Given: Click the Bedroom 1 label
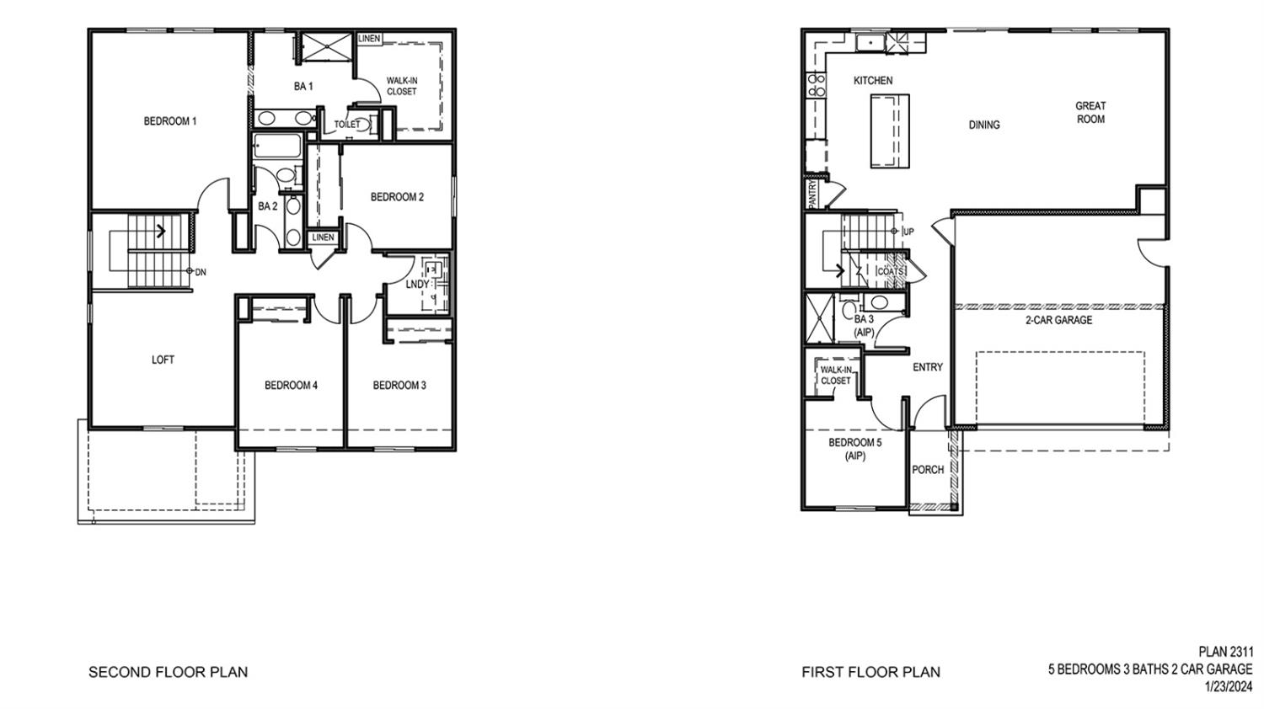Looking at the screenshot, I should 170,121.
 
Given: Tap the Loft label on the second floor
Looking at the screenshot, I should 163,360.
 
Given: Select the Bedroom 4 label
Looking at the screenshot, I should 291,386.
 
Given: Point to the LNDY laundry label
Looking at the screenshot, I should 417,285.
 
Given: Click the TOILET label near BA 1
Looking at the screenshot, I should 346,125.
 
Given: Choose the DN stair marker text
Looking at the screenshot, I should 201,272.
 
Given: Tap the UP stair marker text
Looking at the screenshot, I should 908,232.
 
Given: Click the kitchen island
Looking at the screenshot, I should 890,131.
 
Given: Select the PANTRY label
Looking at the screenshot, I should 812,194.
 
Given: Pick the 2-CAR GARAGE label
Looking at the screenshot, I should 1058,320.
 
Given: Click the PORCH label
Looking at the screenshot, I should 928,470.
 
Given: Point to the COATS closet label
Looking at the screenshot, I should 890,271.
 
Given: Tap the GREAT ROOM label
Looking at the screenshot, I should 1090,112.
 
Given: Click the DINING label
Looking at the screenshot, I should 983,125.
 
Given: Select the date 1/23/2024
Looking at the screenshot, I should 1229,686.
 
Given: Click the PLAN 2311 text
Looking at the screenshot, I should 1226,652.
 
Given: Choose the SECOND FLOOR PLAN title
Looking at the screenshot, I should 168,672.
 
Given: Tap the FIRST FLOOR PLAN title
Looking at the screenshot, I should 870,672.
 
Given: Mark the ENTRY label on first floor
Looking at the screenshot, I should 928,367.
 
